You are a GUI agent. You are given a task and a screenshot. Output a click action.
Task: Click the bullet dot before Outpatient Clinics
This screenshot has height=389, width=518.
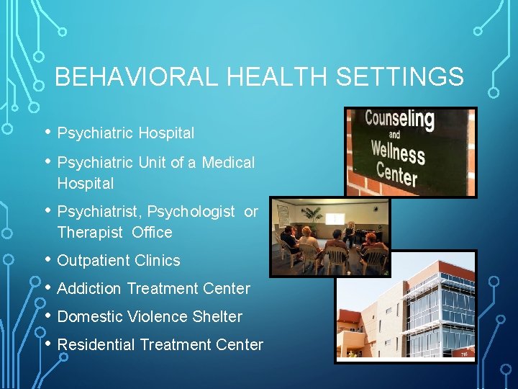pos(47,259)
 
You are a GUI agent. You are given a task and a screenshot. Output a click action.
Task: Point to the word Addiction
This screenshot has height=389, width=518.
pos(89,289)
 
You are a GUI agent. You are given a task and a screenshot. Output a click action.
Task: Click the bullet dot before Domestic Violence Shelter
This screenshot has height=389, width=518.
pos(47,316)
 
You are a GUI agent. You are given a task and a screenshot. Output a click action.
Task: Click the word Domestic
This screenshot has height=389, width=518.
pos(90,317)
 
